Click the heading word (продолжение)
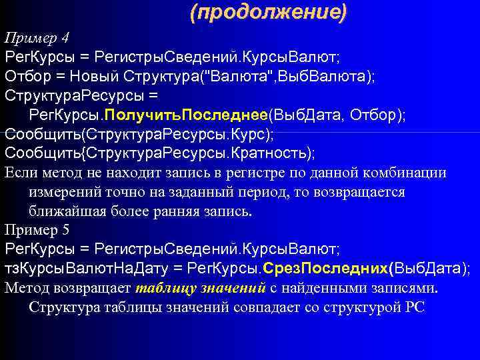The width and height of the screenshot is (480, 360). point(268,12)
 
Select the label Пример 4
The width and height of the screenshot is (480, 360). point(36,36)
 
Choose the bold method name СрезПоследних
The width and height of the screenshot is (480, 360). point(325,269)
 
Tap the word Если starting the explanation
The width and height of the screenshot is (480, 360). point(20,173)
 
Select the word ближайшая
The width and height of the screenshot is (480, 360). point(65,211)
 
